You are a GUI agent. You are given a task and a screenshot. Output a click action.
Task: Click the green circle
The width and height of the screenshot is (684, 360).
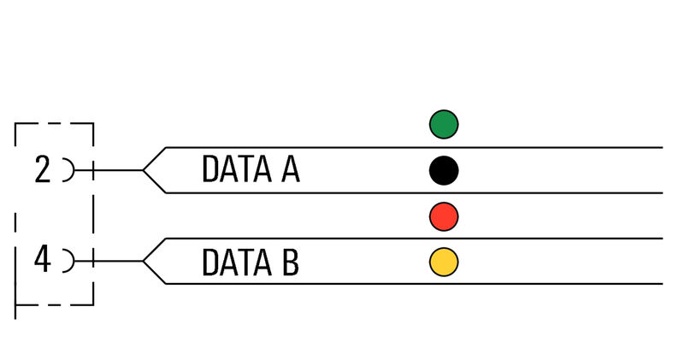coord(444,124)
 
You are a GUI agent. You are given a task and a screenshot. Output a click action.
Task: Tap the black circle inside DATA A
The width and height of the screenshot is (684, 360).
coord(444,170)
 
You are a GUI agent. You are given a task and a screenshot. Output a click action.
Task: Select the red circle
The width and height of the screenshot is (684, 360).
coord(444,216)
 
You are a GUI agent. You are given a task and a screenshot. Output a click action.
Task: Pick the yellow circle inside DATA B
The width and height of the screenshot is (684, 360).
coord(444,262)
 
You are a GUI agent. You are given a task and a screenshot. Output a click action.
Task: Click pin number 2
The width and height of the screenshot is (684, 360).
coord(42,170)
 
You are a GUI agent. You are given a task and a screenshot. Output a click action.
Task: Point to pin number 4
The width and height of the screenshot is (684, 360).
coord(42,259)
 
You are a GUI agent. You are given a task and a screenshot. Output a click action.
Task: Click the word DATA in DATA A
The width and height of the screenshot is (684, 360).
coord(237,168)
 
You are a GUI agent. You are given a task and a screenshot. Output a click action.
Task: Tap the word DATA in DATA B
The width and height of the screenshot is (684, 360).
coord(237,262)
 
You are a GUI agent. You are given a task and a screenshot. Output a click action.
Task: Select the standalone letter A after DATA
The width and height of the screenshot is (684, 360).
coord(291,168)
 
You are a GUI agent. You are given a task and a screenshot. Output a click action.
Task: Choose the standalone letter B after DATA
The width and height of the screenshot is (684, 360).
coord(291,262)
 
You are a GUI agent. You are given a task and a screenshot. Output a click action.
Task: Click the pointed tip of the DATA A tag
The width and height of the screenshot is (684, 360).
coord(143,170)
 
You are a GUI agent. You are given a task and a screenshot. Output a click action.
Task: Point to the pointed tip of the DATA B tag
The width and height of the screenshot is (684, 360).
coord(143,262)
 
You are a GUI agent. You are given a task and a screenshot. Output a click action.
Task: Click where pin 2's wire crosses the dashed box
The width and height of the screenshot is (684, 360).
coord(93,170)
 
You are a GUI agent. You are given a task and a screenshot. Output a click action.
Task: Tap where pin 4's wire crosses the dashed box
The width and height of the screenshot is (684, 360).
coord(93,261)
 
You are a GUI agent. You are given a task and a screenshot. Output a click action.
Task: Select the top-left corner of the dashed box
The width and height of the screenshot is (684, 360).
coord(15,123)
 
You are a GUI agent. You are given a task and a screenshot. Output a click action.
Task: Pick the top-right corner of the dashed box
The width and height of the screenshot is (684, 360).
coord(93,123)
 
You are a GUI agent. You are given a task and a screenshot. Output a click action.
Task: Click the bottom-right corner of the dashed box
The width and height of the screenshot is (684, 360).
coord(93,304)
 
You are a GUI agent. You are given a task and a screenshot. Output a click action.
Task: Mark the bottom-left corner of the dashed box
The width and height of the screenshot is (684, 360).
coord(15,304)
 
